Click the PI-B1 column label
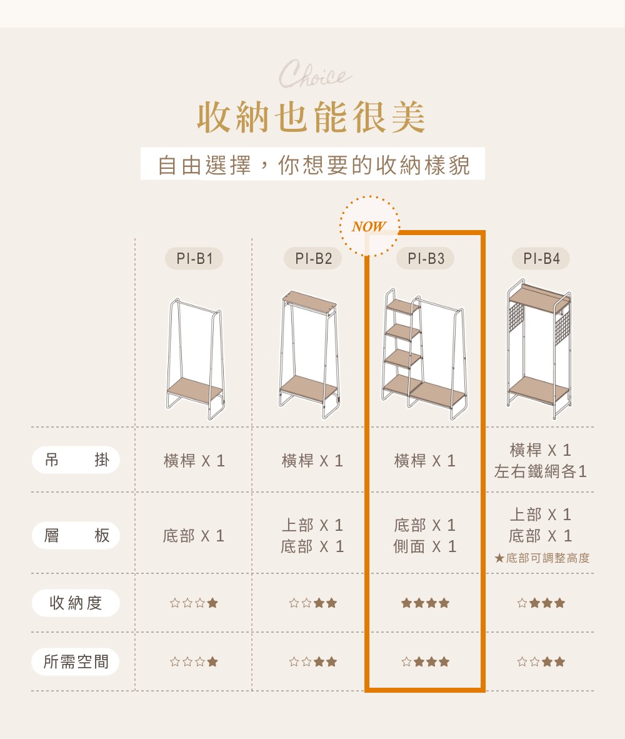tap(194, 258)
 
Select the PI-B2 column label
tap(312, 258)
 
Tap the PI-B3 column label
tap(425, 258)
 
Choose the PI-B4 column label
tap(541, 258)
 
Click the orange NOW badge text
tap(369, 227)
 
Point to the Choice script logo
tap(314, 74)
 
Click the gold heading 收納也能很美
tap(312, 117)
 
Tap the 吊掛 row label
tap(76, 460)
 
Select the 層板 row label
tap(76, 535)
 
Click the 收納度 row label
tap(76, 603)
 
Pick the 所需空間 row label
tap(76, 661)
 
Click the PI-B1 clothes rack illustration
tap(195, 359)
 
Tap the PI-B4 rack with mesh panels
tap(539, 349)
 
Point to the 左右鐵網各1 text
tap(540, 471)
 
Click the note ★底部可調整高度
tap(542, 558)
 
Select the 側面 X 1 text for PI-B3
tap(425, 546)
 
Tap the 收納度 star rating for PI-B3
tap(425, 603)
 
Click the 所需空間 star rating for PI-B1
tap(194, 661)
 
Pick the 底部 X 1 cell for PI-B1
tap(194, 536)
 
